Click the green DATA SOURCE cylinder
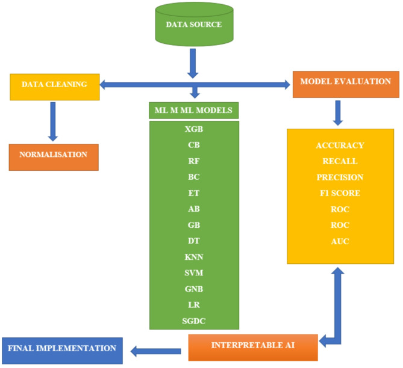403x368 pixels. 193,25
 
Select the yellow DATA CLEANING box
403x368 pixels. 54,85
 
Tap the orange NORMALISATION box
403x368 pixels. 53,155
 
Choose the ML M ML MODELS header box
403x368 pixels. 193,111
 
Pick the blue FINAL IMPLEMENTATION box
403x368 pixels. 62,349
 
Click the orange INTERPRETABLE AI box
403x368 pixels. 252,347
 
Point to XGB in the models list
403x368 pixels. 193,129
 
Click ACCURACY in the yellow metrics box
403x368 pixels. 340,146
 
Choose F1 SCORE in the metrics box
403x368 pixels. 340,193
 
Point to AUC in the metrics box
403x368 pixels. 340,241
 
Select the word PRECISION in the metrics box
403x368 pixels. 340,177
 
